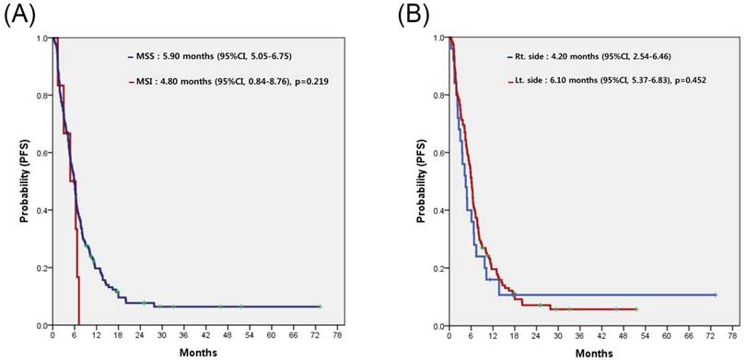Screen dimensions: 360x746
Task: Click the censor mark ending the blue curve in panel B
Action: (x=715, y=295)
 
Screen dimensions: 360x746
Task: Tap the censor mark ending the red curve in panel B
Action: (x=636, y=308)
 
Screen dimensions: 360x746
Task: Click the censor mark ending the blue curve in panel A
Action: (x=321, y=306)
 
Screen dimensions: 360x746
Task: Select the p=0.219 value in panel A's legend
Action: (x=309, y=82)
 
